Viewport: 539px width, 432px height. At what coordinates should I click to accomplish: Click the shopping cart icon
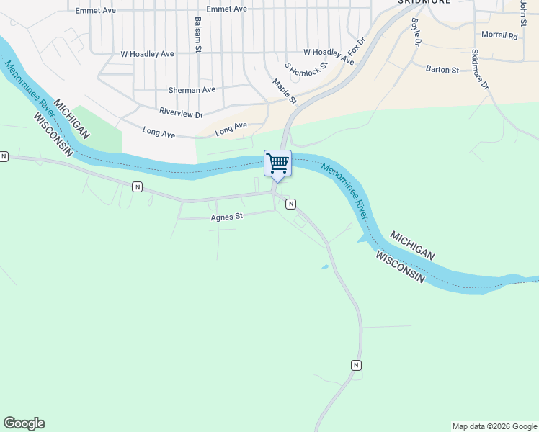(277, 163)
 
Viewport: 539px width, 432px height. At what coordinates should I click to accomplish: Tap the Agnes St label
(227, 216)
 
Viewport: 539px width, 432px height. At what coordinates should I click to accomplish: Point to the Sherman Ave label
(192, 90)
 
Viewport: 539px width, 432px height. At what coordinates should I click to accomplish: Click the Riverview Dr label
(181, 114)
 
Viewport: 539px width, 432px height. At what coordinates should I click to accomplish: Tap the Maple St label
(285, 91)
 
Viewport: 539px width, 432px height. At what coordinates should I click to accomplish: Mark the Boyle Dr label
(416, 32)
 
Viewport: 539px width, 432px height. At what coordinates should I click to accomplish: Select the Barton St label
(442, 70)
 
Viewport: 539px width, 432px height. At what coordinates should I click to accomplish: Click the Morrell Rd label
(499, 35)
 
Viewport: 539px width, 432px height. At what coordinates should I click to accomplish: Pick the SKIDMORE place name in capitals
(424, 2)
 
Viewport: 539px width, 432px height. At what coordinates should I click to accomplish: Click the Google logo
(24, 423)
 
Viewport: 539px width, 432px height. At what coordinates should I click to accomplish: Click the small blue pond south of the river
(325, 267)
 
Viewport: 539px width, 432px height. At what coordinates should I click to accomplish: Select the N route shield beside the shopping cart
(290, 204)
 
